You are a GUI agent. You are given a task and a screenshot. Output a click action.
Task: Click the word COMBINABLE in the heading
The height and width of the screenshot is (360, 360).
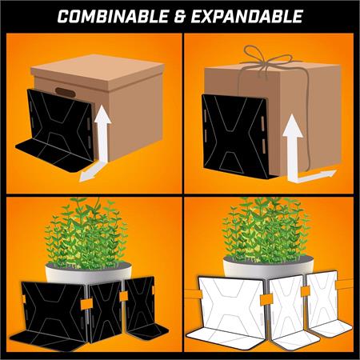pyautogui.click(x=113, y=17)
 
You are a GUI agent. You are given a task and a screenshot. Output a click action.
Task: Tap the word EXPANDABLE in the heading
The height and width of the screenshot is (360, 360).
pyautogui.click(x=247, y=17)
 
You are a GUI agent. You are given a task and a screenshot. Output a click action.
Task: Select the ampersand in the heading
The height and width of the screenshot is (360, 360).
pyautogui.click(x=180, y=17)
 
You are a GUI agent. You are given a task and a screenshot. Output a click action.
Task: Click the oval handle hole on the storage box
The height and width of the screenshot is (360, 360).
pyautogui.click(x=66, y=92)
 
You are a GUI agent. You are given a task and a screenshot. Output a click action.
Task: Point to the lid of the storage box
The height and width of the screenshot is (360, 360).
pyautogui.click(x=98, y=72)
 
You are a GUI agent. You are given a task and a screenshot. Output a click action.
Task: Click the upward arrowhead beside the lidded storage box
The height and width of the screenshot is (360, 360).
pyautogui.click(x=102, y=114)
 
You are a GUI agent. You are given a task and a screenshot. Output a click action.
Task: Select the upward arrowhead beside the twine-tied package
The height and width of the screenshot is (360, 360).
pyautogui.click(x=293, y=126)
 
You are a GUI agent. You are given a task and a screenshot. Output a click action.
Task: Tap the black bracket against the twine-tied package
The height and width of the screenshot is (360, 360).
pyautogui.click(x=236, y=136)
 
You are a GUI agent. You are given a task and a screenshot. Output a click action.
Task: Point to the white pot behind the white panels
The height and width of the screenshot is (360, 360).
pyautogui.click(x=268, y=266)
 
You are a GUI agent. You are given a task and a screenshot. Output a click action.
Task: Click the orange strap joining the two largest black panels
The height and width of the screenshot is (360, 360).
pyautogui.click(x=86, y=304)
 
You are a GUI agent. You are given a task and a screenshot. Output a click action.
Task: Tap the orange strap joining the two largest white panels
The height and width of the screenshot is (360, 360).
pyautogui.click(x=266, y=300)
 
